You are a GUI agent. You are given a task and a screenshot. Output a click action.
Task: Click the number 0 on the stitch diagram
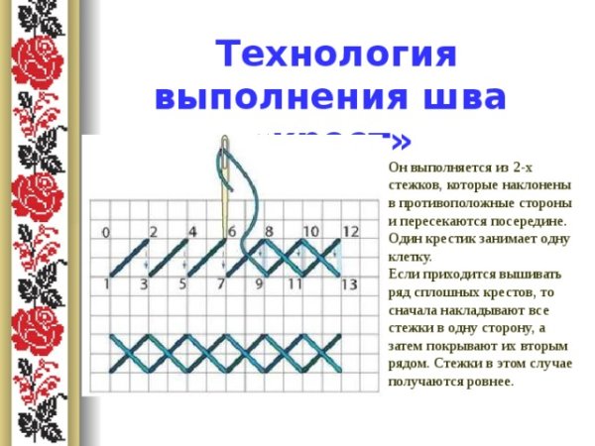coord(105,233)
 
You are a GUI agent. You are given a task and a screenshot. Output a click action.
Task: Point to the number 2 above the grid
coord(153,232)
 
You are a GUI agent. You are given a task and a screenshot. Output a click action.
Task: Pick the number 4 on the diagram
coord(191,232)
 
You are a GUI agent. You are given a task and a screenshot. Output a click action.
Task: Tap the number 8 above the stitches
coord(269,232)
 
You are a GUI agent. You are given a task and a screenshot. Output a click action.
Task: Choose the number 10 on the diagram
coord(309,232)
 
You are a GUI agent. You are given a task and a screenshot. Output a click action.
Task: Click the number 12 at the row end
coord(350,232)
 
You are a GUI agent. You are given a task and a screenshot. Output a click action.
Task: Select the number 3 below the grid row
coord(144,285)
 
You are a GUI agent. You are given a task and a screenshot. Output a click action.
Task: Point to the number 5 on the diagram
coord(183,285)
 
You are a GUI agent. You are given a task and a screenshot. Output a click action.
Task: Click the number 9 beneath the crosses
coord(259,285)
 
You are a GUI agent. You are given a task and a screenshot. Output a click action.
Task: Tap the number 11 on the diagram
coord(295,285)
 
